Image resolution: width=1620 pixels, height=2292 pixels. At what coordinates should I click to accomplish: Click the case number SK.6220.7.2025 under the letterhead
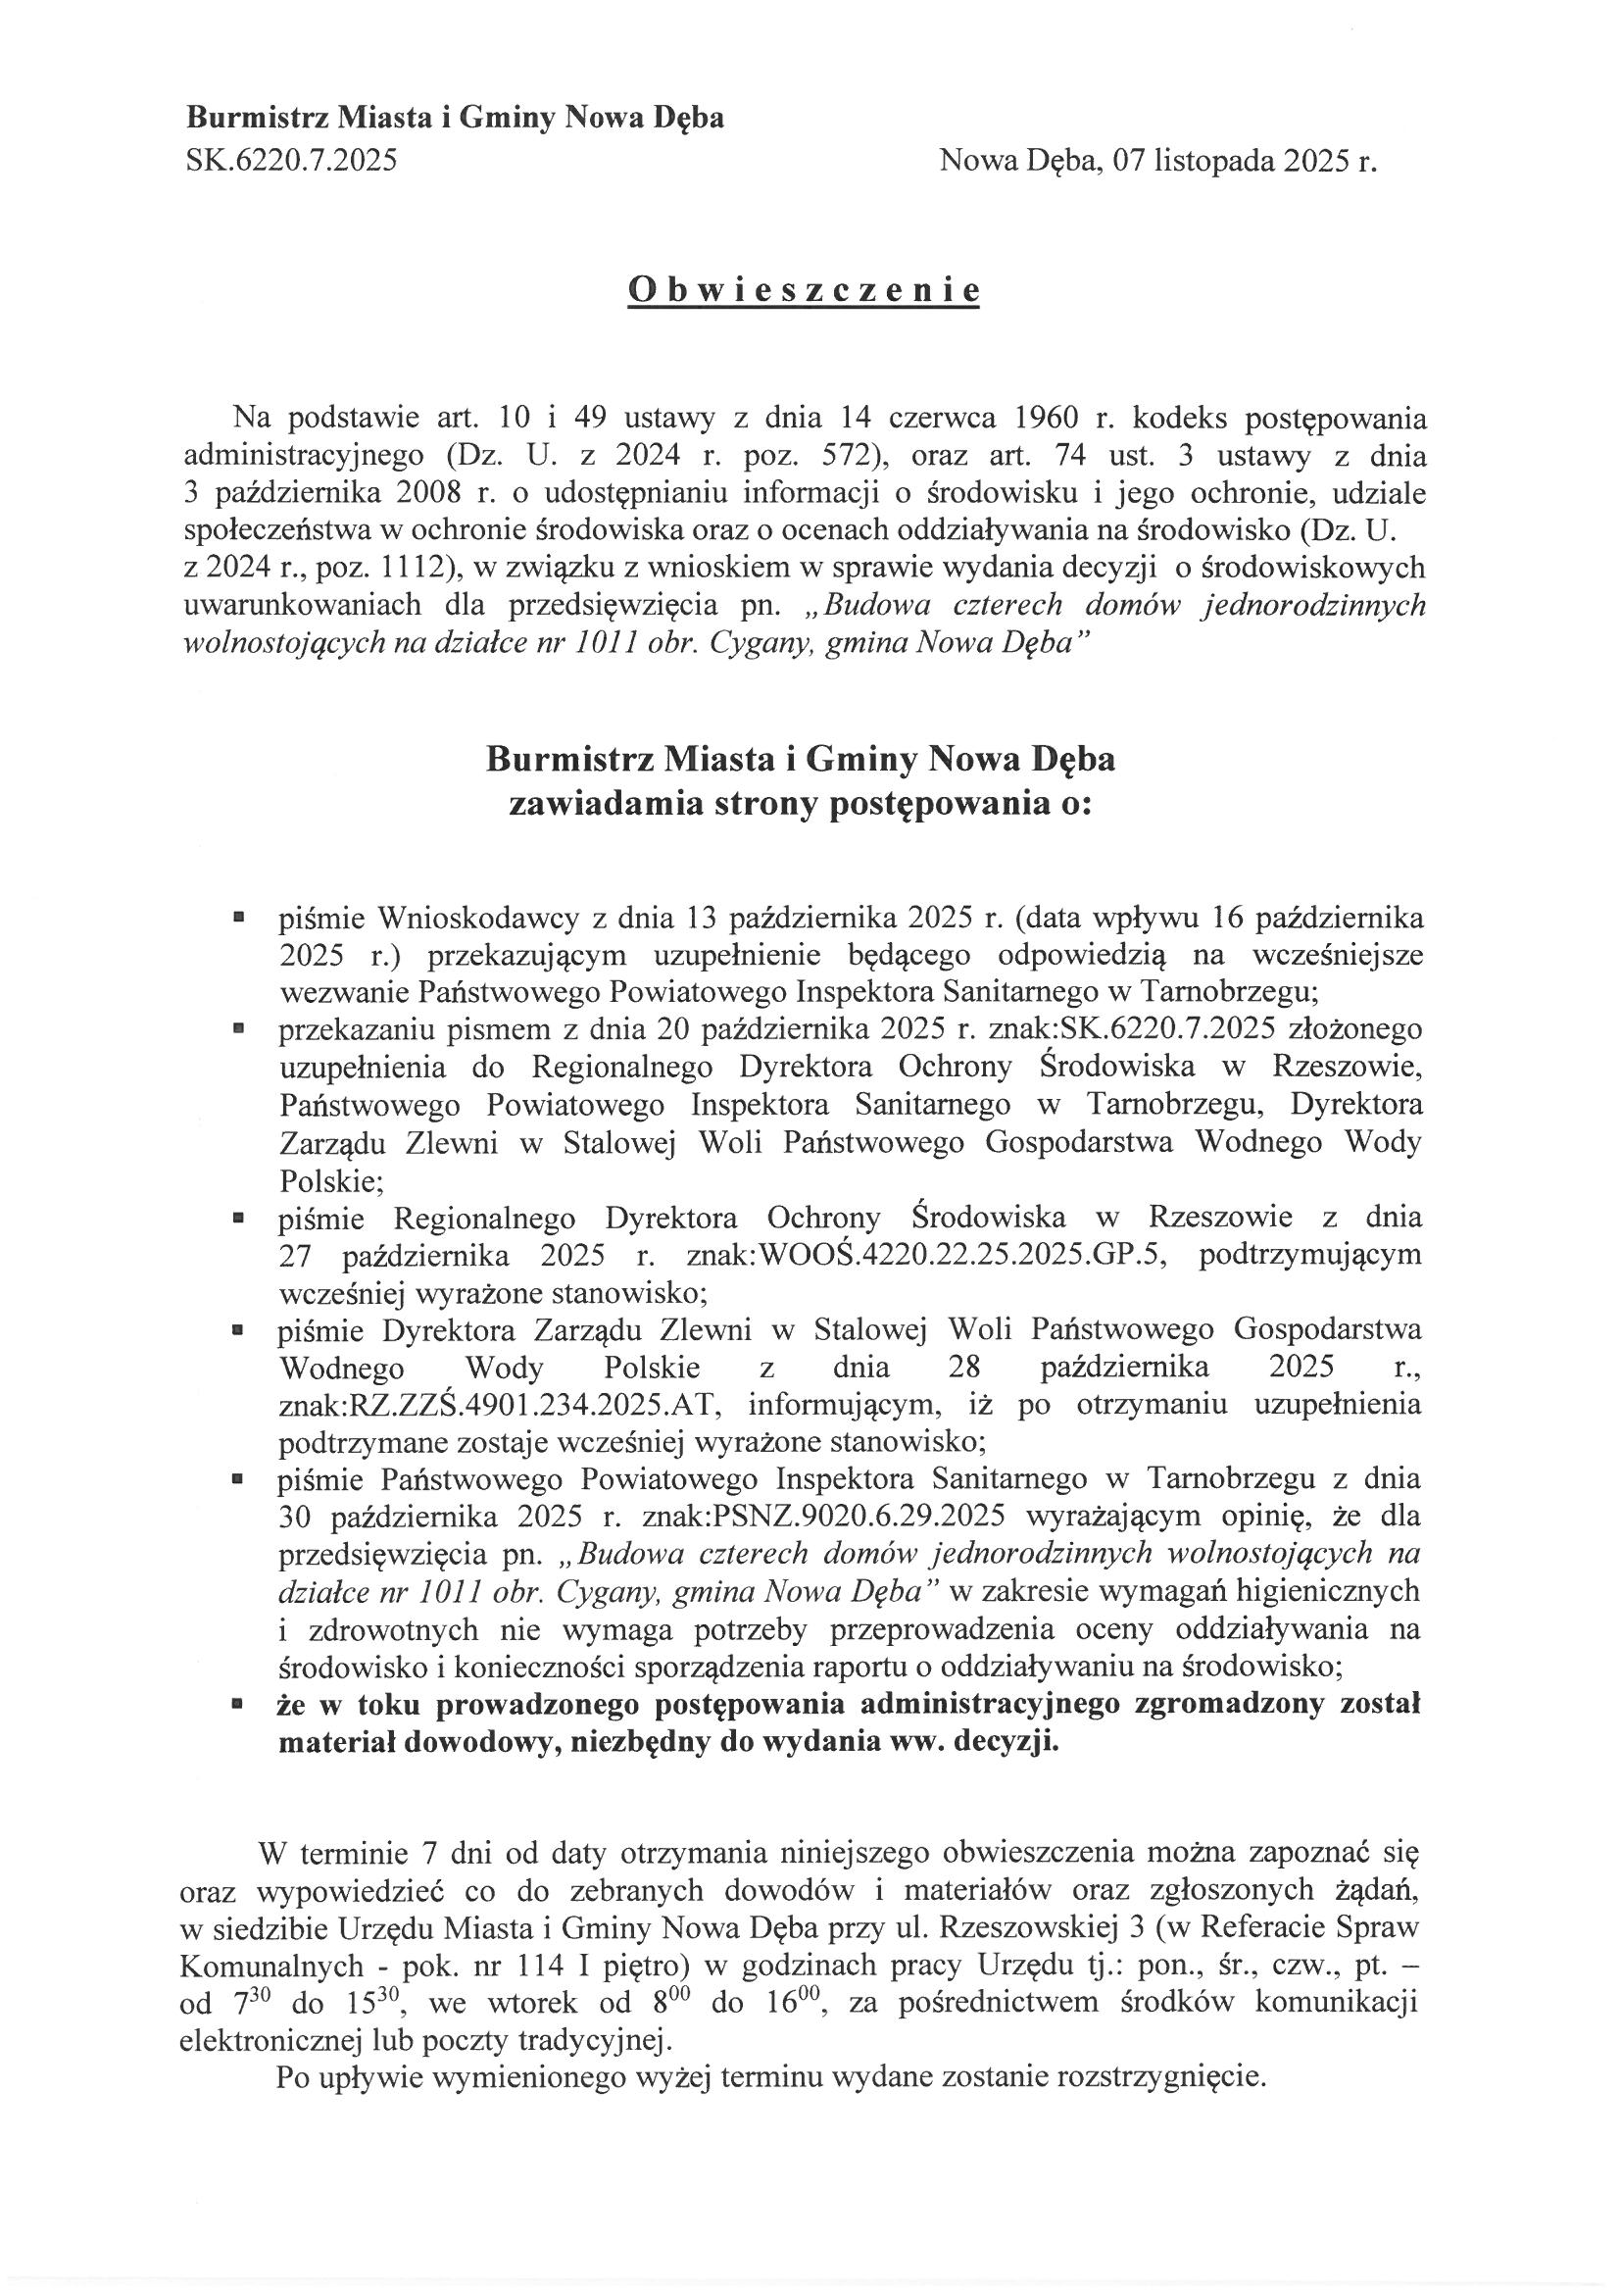click(x=291, y=160)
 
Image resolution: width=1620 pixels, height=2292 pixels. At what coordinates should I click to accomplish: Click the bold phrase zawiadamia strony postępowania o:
click(x=801, y=805)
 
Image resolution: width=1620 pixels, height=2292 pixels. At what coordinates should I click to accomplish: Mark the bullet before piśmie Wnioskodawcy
click(x=237, y=916)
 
